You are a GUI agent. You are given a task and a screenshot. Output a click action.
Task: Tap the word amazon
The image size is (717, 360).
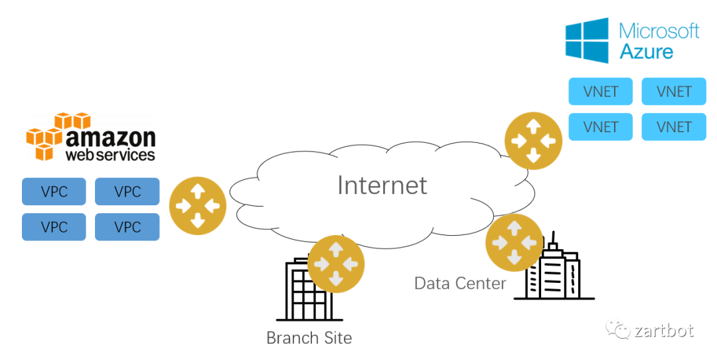110,137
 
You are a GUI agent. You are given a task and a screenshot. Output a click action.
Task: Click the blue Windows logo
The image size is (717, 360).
587,41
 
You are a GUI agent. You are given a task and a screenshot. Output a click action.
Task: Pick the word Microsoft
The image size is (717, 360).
659,31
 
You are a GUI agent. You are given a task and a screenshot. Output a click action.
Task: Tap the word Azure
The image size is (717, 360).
646,51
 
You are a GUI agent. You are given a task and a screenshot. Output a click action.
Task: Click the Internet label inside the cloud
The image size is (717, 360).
382,185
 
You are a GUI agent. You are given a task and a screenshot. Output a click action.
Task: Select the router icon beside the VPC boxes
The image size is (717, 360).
198,205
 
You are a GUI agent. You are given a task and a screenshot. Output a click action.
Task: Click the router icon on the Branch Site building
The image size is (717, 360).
336,264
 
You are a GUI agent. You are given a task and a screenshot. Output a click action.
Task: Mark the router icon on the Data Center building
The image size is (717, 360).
515,242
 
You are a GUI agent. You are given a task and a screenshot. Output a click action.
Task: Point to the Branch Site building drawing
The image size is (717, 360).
302,292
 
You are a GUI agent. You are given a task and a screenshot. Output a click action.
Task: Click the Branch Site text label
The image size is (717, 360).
309,337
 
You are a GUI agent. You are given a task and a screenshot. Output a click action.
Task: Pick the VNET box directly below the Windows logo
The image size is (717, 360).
601,92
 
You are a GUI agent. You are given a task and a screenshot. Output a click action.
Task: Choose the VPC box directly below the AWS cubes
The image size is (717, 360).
54,191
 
